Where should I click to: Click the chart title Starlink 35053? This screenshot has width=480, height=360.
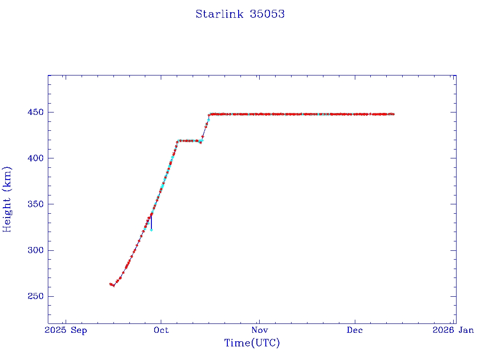[x=240, y=14]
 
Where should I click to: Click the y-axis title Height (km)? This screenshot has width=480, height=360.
[x=7, y=199]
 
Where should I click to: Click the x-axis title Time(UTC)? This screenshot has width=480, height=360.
[x=252, y=343]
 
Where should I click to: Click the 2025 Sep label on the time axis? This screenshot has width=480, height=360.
[x=66, y=330]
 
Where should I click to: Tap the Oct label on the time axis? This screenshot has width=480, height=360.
[x=161, y=330]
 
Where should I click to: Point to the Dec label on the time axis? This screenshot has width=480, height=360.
[x=355, y=330]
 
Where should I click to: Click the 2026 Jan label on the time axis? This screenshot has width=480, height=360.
[x=453, y=330]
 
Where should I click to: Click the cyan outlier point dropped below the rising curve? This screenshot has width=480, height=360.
[x=151, y=230]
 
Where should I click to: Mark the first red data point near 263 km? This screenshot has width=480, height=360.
[x=110, y=284]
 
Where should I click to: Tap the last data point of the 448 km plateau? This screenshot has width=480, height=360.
[x=393, y=114]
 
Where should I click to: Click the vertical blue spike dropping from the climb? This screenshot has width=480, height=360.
[x=151, y=222]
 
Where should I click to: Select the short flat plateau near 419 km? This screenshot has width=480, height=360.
[x=189, y=141]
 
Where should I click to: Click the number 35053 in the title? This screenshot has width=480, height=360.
[x=267, y=14]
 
